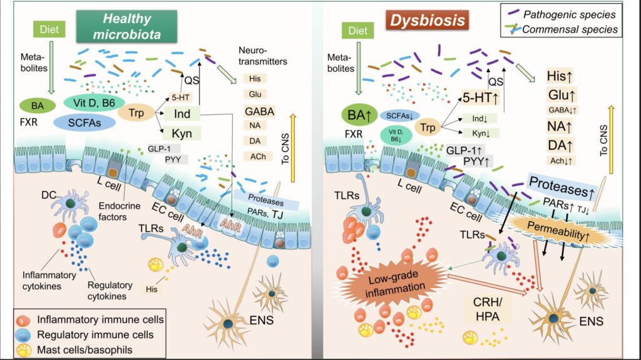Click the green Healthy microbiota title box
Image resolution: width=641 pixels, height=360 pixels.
[x=119, y=26]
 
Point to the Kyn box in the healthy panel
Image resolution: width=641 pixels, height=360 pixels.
[x=182, y=133]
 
